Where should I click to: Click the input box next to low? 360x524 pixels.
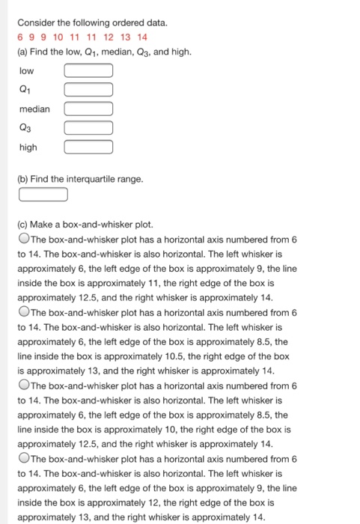pos(88,71)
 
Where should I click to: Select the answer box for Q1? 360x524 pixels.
pos(88,91)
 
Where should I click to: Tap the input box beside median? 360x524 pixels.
pos(88,109)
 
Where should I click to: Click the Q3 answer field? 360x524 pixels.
pos(88,128)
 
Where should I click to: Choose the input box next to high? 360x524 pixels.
pos(88,147)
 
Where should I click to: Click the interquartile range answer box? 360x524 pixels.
pos(43,195)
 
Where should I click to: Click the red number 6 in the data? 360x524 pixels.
pos(20,37)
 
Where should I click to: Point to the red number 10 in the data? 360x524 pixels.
pos(58,37)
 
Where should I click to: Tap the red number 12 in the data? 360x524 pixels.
pos(109,37)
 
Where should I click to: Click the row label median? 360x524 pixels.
pos(34,109)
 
